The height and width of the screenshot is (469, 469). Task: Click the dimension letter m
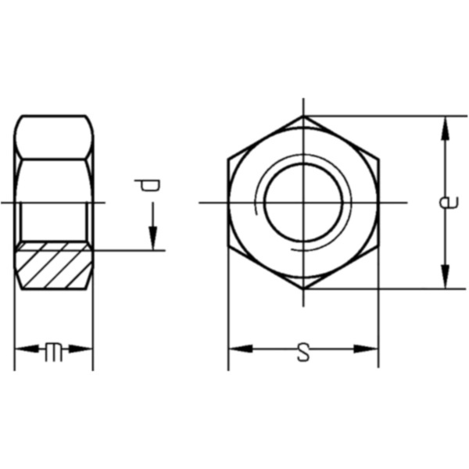(x=53, y=351)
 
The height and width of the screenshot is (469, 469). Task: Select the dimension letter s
(x=303, y=353)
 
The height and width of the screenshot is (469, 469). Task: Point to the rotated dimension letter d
(x=147, y=186)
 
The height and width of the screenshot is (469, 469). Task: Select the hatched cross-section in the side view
(x=53, y=266)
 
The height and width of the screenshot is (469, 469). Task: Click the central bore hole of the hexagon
(x=303, y=202)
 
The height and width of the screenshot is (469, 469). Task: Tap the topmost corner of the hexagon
(x=303, y=116)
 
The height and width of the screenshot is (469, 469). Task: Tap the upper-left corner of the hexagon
(x=228, y=159)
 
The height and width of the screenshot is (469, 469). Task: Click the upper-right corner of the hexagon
(x=378, y=159)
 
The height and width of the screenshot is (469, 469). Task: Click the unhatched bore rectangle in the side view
(x=53, y=223)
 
